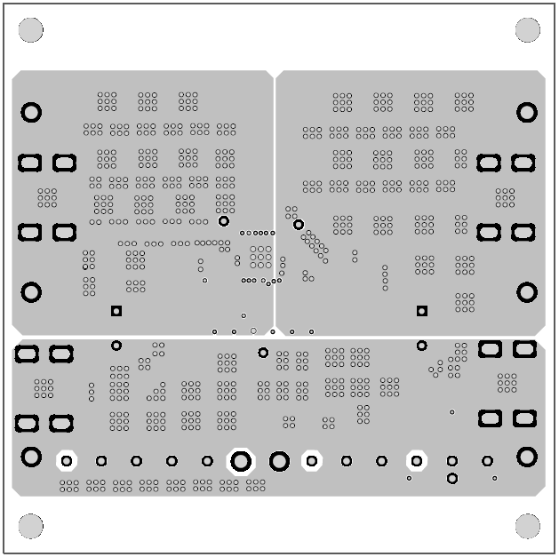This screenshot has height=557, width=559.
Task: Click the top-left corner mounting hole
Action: click(x=31, y=30)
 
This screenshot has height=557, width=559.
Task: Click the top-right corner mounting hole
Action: click(x=527, y=30)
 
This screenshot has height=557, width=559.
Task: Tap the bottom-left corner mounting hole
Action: click(x=31, y=525)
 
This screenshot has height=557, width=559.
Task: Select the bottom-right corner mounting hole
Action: click(x=527, y=525)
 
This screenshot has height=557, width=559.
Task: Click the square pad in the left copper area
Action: click(x=116, y=311)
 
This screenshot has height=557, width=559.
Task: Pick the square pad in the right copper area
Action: click(x=422, y=311)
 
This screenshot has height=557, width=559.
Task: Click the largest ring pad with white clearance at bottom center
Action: click(x=241, y=461)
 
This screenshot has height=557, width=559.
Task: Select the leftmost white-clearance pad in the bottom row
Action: click(x=67, y=461)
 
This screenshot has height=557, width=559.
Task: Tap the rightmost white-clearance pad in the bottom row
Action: click(x=416, y=461)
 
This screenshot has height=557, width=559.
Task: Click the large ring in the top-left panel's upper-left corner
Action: click(x=31, y=113)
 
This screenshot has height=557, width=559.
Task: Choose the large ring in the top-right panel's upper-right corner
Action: click(x=527, y=113)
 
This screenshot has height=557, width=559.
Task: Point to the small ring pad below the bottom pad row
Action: click(x=452, y=479)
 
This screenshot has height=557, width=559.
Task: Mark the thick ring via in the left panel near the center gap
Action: click(x=224, y=221)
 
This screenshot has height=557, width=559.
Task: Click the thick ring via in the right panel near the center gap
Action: click(x=299, y=225)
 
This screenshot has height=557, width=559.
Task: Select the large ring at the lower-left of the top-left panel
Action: click(x=31, y=292)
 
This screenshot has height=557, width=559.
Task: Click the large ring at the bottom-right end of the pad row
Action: click(x=527, y=457)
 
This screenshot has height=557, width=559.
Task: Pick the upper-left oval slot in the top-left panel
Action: click(x=30, y=163)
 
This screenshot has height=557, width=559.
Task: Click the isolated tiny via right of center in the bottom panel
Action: click(x=451, y=412)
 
